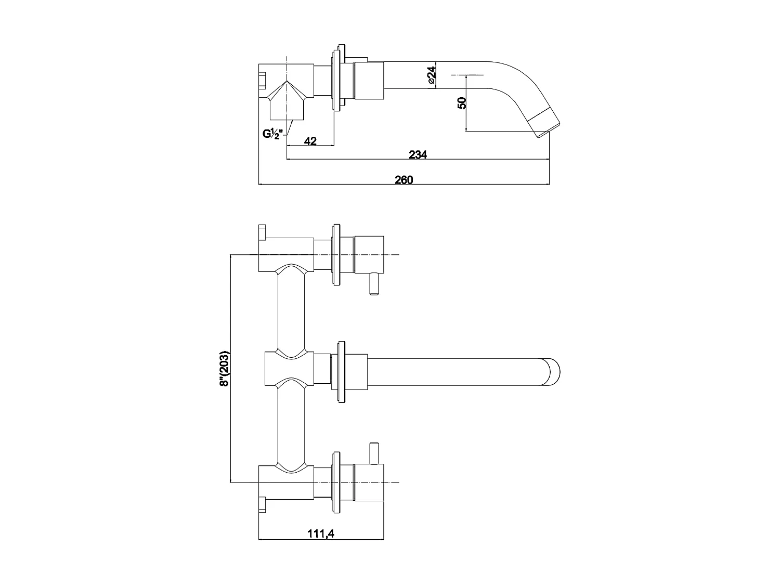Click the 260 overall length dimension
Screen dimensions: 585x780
[x=404, y=180]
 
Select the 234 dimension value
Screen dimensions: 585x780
[x=418, y=154]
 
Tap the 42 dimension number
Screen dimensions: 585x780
[x=310, y=141]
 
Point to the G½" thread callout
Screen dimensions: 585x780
[x=272, y=134]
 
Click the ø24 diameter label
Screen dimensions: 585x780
[x=431, y=75]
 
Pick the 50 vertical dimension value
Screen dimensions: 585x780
[x=461, y=102]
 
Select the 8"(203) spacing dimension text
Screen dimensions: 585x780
[x=225, y=369]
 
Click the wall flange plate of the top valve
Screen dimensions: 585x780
[x=336, y=255]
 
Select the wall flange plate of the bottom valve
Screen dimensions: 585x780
[x=336, y=482]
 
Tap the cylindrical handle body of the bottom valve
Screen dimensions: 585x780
[x=369, y=482]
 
